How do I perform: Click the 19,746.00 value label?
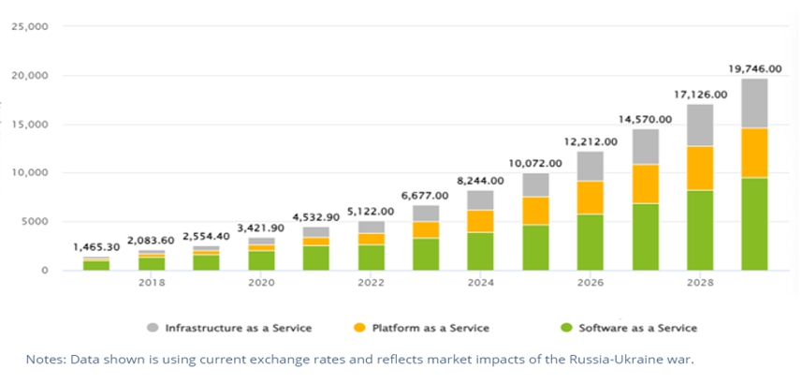pos(754,69)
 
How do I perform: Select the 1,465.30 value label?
pos(96,247)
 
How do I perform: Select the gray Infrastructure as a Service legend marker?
pos(152,328)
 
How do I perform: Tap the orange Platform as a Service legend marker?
pos(359,328)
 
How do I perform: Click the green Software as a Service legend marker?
pos(566,328)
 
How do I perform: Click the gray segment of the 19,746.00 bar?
pos(754,103)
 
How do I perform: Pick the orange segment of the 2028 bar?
pos(699,169)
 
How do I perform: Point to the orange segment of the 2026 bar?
pos(590,198)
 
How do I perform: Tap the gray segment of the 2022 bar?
pos(371,227)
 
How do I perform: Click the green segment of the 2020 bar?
pos(261,259)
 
